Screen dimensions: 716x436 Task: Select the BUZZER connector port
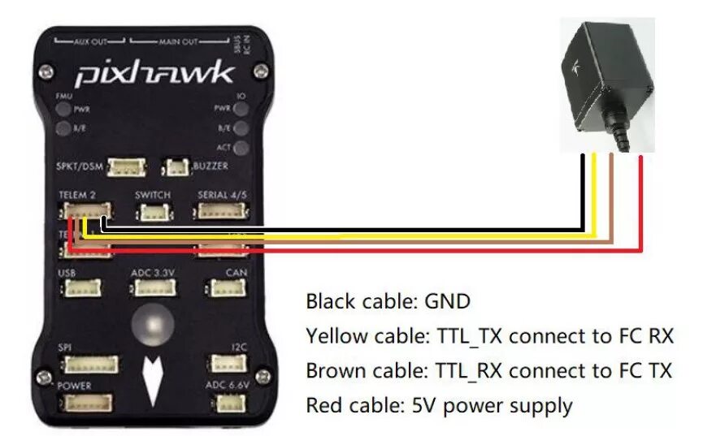tap(175, 168)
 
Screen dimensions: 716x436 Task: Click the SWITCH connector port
tap(151, 212)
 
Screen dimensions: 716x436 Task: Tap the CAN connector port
tap(224, 287)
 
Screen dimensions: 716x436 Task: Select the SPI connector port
tap(91, 364)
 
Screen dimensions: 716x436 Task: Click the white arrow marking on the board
tap(152, 379)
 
